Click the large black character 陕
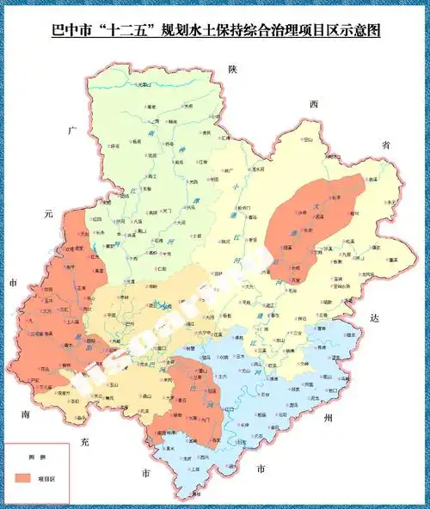click(231, 70)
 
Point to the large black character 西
click(314, 104)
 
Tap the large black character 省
click(386, 145)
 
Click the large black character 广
click(74, 132)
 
